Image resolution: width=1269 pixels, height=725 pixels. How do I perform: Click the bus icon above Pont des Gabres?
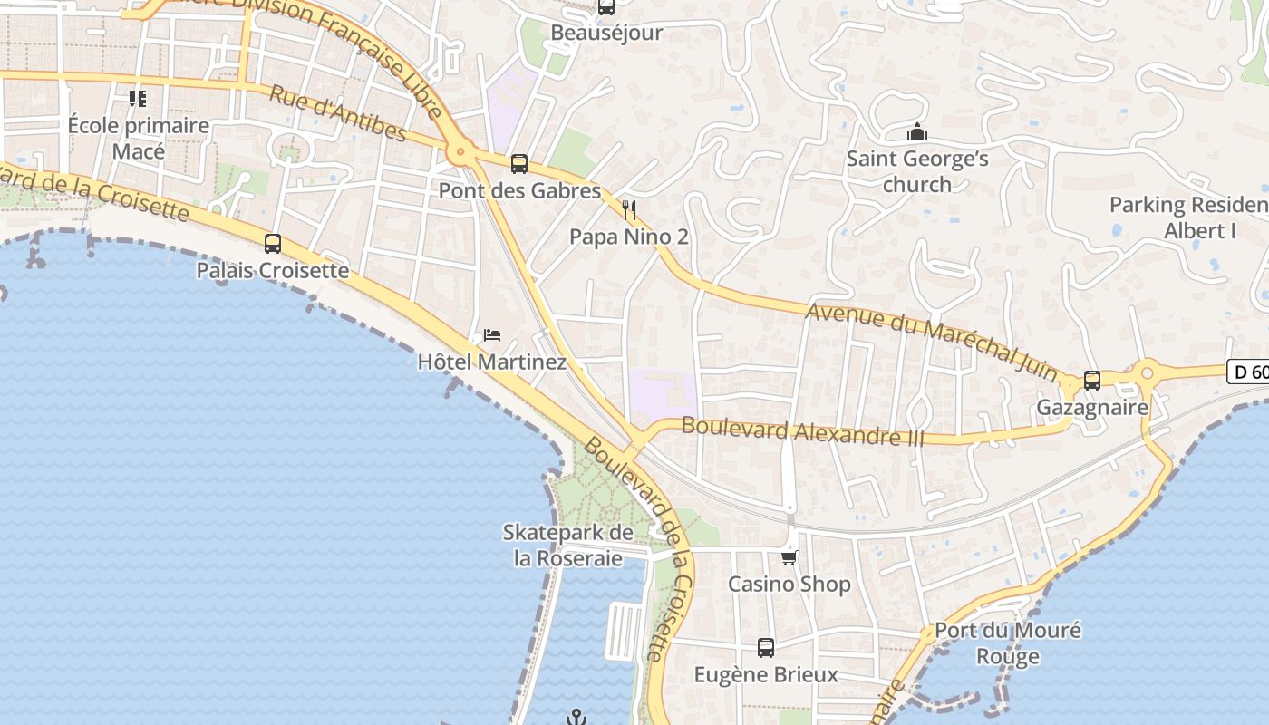pyautogui.click(x=518, y=164)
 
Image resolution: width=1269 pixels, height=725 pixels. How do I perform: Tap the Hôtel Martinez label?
pyautogui.click(x=491, y=362)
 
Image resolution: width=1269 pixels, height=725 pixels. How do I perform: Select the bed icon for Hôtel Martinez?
pyautogui.click(x=492, y=334)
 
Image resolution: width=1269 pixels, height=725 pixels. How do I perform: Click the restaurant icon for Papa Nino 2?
pyautogui.click(x=629, y=210)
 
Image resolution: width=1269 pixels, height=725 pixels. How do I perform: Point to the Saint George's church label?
pyautogui.click(x=917, y=171)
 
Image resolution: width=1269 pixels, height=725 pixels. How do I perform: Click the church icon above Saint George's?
pyautogui.click(x=917, y=132)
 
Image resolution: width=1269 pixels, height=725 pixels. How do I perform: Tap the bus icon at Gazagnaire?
pyautogui.click(x=1092, y=381)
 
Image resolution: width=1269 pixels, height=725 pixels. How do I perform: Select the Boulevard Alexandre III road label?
pyautogui.click(x=802, y=430)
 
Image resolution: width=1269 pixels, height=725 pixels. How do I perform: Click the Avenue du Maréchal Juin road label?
pyautogui.click(x=931, y=340)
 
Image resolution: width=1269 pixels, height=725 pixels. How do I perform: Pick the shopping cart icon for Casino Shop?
pyautogui.click(x=789, y=557)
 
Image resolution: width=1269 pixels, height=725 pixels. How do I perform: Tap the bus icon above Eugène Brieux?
pyautogui.click(x=766, y=648)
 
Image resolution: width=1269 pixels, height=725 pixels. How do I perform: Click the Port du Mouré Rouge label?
pyautogui.click(x=1007, y=643)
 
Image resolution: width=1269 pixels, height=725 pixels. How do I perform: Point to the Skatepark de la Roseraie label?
pyautogui.click(x=568, y=545)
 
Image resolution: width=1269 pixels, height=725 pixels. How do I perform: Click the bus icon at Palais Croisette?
pyautogui.click(x=273, y=243)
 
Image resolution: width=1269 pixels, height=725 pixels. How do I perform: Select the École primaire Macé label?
pyautogui.click(x=139, y=138)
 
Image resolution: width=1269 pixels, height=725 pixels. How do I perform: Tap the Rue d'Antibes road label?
pyautogui.click(x=338, y=114)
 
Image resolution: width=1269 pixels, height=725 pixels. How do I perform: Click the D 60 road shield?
pyautogui.click(x=1249, y=372)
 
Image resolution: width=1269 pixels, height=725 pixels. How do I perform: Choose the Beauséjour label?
pyautogui.click(x=606, y=33)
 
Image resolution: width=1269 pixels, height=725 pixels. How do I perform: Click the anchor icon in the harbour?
pyautogui.click(x=576, y=718)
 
